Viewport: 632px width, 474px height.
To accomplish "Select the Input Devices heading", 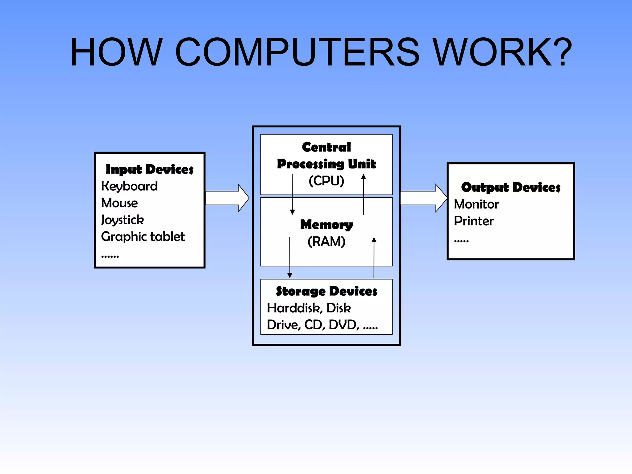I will pyautogui.click(x=150, y=169).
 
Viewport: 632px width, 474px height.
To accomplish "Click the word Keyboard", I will pyautogui.click(x=129, y=186).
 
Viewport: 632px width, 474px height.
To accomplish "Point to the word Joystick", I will pyautogui.click(x=123, y=220).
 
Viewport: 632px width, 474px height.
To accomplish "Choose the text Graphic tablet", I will pyautogui.click(x=143, y=237).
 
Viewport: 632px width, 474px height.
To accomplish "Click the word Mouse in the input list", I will pyautogui.click(x=119, y=203).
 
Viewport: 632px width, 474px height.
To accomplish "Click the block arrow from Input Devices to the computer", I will pyautogui.click(x=227, y=198).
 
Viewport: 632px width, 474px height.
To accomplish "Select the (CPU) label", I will pyautogui.click(x=326, y=181).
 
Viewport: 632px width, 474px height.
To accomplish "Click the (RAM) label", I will pyautogui.click(x=326, y=241).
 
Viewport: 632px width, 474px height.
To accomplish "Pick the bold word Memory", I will pyautogui.click(x=326, y=225).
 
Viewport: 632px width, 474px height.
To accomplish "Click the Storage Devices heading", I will pyautogui.click(x=326, y=291).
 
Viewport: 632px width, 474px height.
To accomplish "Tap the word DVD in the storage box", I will pyautogui.click(x=343, y=325).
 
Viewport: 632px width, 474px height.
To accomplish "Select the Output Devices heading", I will pyautogui.click(x=511, y=187).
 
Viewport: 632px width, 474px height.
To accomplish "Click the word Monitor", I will pyautogui.click(x=476, y=204).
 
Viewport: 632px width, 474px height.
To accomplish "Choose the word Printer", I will pyautogui.click(x=474, y=221).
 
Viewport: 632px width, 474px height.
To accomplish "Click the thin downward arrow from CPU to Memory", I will pyautogui.click(x=292, y=194).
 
